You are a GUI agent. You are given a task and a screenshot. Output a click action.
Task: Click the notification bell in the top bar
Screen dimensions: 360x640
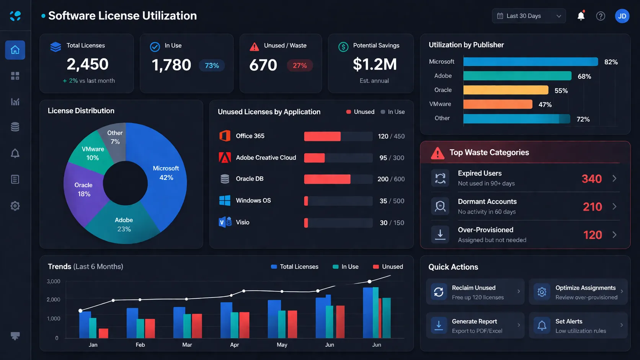pyautogui.click(x=581, y=16)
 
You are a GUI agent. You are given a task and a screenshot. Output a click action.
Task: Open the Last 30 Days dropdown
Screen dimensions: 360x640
pyautogui.click(x=529, y=16)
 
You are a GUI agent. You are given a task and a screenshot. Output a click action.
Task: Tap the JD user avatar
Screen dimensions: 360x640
pyautogui.click(x=622, y=16)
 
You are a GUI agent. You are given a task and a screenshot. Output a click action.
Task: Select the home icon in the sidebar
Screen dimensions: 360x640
pyautogui.click(x=15, y=50)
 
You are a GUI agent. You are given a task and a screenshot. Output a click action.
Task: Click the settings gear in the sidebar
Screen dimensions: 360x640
pyautogui.click(x=15, y=206)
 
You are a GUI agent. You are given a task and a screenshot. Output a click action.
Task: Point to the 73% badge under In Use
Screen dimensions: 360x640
pyautogui.click(x=212, y=65)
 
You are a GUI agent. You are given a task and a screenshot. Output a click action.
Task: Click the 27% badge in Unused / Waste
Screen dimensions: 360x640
pyautogui.click(x=300, y=65)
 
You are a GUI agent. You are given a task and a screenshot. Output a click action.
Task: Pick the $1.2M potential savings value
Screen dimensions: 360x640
pyautogui.click(x=374, y=64)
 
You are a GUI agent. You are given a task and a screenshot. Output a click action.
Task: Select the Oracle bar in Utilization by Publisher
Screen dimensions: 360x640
pyautogui.click(x=506, y=90)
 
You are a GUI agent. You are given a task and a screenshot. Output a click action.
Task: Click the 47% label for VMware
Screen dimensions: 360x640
pyautogui.click(x=545, y=104)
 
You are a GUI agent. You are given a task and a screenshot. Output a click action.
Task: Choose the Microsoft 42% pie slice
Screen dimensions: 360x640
pyautogui.click(x=165, y=180)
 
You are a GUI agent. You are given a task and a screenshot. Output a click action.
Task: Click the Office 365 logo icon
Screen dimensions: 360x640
pyautogui.click(x=225, y=136)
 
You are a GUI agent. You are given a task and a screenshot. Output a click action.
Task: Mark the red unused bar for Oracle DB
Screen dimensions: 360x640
pyautogui.click(x=327, y=179)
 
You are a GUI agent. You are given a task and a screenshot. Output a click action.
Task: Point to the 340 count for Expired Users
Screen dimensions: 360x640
pyautogui.click(x=591, y=179)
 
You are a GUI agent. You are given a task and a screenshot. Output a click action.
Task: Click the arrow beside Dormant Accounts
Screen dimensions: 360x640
pyautogui.click(x=614, y=207)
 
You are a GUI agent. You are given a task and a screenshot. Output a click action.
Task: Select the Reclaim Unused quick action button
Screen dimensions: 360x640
pyautogui.click(x=475, y=292)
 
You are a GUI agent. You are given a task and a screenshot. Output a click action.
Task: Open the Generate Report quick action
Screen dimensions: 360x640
pyautogui.click(x=475, y=326)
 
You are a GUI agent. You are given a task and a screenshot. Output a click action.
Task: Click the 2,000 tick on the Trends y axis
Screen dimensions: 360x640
pyautogui.click(x=54, y=300)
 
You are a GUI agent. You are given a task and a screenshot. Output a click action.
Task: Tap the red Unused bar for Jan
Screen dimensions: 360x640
pyautogui.click(x=103, y=333)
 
